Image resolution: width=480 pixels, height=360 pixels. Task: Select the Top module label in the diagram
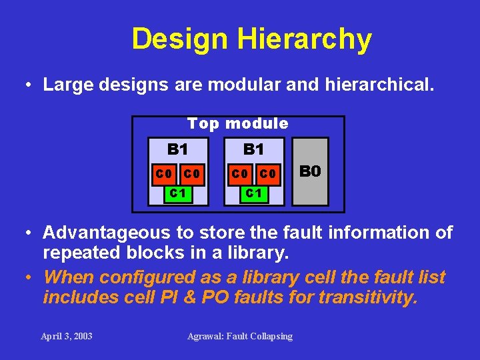pyautogui.click(x=238, y=124)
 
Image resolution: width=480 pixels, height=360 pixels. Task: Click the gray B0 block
pyautogui.click(x=311, y=171)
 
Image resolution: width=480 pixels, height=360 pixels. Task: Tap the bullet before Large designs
pyautogui.click(x=28, y=85)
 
